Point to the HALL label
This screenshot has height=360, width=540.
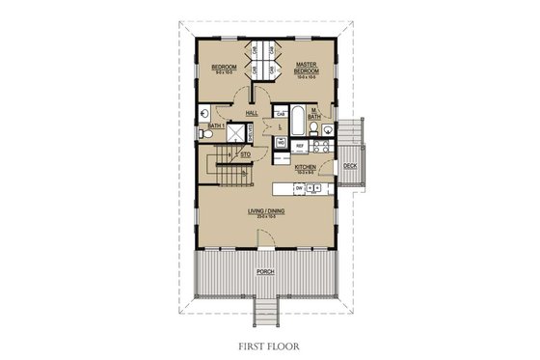tap(252, 113)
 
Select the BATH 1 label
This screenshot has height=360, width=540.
tap(215, 125)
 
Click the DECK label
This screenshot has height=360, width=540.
tap(350, 167)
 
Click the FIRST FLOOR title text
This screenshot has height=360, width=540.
tap(269, 342)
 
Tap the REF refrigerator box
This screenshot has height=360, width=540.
tap(301, 145)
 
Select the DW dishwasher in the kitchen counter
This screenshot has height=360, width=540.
tap(300, 187)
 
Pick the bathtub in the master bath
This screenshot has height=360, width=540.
tap(297, 122)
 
